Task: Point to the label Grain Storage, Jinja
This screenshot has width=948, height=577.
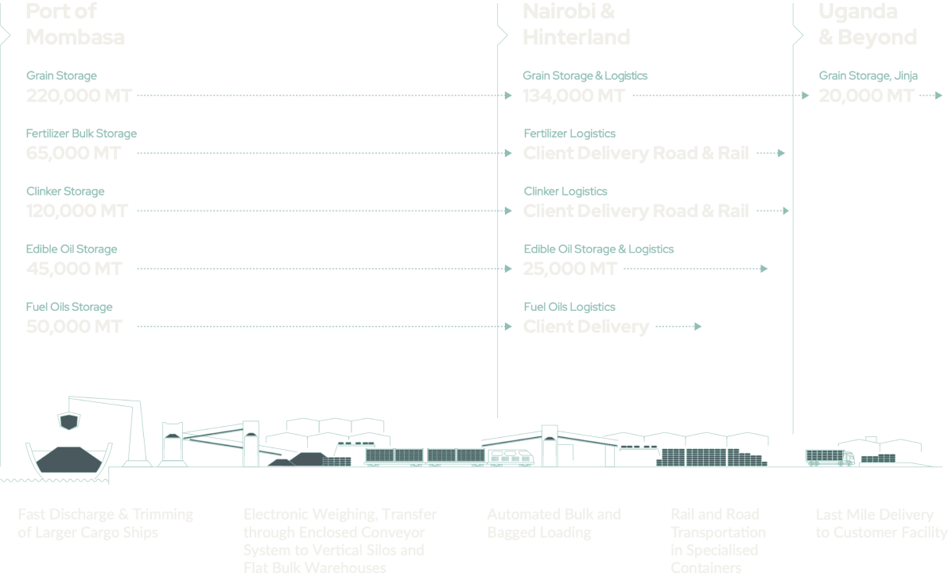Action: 868,76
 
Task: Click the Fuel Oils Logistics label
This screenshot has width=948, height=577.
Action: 569,307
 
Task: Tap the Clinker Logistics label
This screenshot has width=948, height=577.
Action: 565,192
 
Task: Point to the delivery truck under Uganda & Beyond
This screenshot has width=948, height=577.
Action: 829,457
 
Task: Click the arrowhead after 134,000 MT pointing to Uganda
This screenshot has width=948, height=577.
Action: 805,95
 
